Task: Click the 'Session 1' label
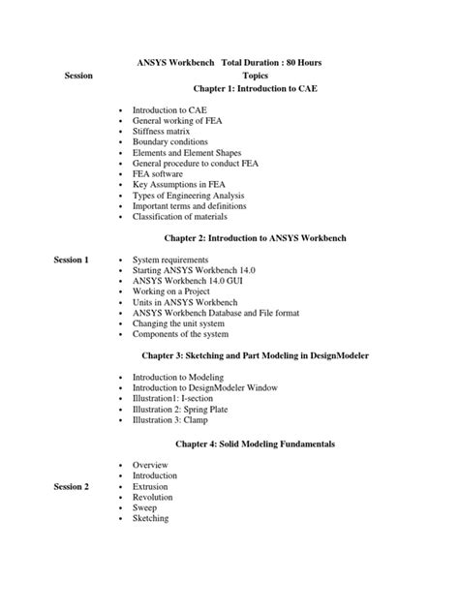[72, 260]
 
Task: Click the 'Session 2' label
[72, 486]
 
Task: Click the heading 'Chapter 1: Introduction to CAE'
[255, 88]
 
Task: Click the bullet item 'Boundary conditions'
[171, 142]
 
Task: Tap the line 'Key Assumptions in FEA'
[179, 184]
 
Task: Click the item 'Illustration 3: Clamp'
[173, 420]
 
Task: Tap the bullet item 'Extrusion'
[154, 486]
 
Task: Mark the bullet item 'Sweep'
[147, 507]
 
